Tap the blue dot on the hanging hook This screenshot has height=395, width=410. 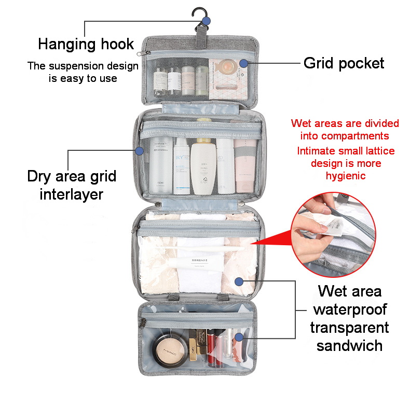(206, 21)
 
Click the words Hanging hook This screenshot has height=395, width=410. (86, 44)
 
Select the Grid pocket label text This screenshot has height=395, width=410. (344, 63)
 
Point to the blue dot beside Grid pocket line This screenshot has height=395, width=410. (243, 63)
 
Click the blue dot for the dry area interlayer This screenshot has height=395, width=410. (139, 151)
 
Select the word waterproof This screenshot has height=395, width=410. (349, 310)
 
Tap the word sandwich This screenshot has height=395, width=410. (349, 345)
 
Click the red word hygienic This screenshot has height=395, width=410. (346, 176)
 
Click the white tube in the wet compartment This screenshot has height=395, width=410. (200, 264)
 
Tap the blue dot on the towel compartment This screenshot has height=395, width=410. (239, 281)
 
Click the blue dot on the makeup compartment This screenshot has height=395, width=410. (239, 337)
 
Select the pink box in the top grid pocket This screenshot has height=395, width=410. (226, 78)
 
